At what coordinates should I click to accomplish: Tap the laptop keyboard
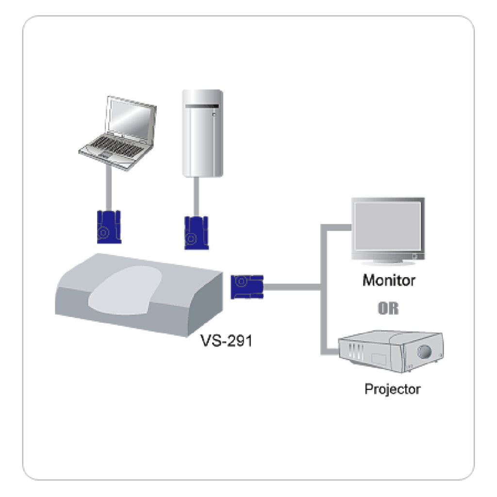coord(115,146)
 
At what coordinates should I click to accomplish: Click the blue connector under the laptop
coord(108,226)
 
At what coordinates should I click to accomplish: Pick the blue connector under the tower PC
coord(196,233)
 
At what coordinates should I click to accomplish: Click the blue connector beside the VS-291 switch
coord(247,286)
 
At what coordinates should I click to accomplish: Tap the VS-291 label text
coord(227,340)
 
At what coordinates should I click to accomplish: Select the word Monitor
coord(389,281)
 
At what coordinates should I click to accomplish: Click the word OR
coord(388,309)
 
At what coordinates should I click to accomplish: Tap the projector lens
coord(425,350)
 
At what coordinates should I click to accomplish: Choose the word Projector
coord(393,389)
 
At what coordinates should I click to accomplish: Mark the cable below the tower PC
coord(197,197)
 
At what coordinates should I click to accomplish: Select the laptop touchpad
coord(104,154)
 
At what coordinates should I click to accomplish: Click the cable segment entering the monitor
coord(337,226)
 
